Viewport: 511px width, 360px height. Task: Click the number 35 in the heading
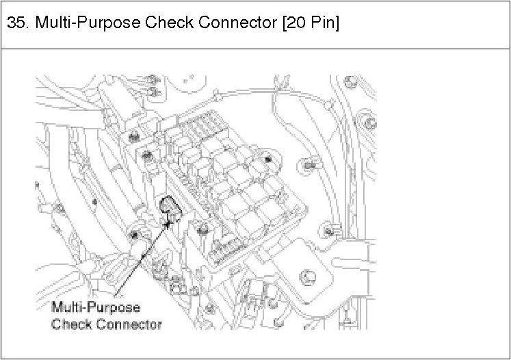coord(16,23)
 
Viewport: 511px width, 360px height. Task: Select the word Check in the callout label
coord(72,323)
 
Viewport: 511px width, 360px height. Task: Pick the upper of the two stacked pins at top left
coord(153,82)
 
